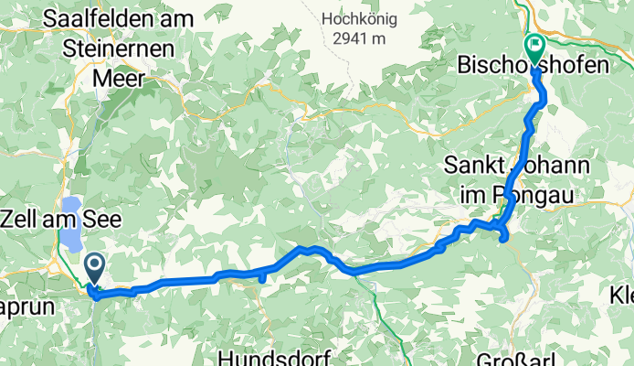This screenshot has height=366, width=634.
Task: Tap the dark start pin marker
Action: click(94, 269)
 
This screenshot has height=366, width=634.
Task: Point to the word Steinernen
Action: click(118, 49)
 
